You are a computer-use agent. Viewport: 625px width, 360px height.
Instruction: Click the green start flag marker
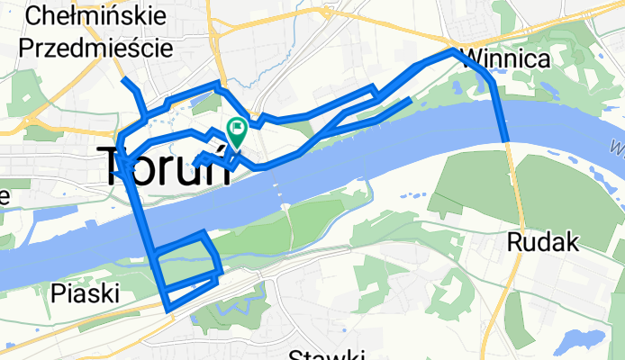click(237, 131)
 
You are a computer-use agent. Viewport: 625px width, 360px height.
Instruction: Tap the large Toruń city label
click(168, 166)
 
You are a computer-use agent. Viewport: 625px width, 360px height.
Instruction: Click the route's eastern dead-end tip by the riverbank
click(411, 99)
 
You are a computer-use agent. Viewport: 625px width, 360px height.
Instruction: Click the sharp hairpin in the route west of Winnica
click(376, 89)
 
